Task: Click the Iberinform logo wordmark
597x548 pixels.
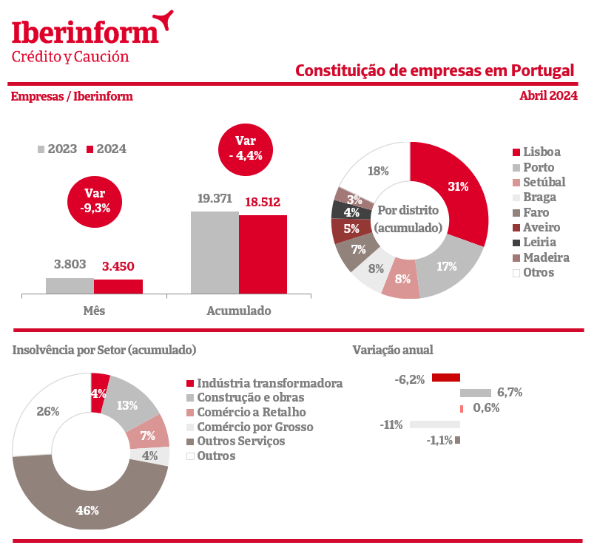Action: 85,31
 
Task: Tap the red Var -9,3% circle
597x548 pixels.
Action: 95,200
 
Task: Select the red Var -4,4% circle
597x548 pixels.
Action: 245,148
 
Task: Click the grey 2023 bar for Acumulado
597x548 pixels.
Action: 215,252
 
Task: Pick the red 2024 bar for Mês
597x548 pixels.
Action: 118,286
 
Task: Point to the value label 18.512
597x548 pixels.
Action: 263,201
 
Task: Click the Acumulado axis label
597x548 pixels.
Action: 238,311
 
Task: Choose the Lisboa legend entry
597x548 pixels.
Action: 541,152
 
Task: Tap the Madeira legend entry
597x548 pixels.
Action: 545,257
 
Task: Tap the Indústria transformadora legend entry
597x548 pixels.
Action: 269,383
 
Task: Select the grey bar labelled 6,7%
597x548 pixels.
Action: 476,393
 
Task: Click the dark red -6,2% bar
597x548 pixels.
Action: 446,378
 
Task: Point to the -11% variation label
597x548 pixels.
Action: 391,424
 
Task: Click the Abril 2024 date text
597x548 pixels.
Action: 548,95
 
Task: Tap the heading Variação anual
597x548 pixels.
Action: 393,350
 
